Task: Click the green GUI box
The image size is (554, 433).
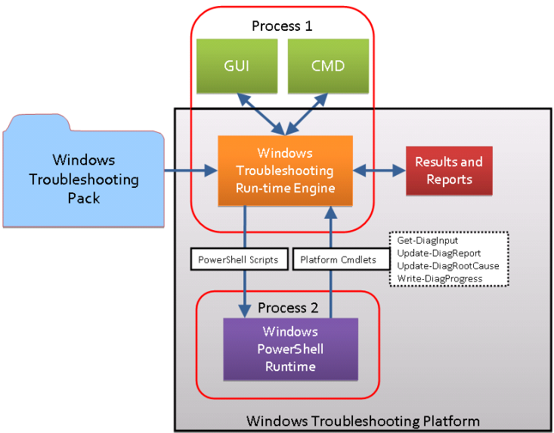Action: tap(237, 66)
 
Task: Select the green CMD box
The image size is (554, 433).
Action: tap(328, 66)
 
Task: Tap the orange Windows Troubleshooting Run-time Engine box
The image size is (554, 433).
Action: tap(285, 171)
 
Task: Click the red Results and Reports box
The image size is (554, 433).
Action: tap(449, 170)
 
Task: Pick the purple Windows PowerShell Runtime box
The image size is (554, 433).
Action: tap(290, 349)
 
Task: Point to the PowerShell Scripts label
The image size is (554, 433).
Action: tap(238, 259)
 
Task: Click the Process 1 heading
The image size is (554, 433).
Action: tap(282, 26)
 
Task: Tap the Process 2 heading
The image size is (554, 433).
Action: tap(288, 307)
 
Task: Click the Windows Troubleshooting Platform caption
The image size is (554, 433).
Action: tap(363, 420)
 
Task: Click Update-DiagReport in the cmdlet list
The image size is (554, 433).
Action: tap(438, 253)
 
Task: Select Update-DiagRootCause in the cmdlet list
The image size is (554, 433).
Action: tap(448, 266)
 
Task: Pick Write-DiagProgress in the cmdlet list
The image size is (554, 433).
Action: tap(440, 278)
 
